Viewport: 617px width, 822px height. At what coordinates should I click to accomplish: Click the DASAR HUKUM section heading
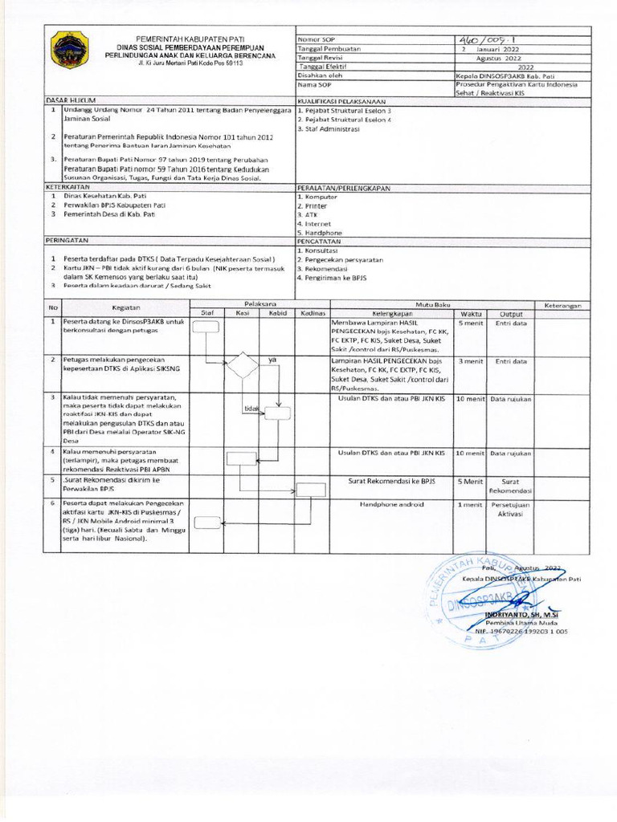[66, 101]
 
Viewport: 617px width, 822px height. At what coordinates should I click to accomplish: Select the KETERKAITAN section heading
[67, 185]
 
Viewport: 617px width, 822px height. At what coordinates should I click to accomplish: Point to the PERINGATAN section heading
[66, 239]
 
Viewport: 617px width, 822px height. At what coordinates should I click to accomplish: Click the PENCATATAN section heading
[319, 240]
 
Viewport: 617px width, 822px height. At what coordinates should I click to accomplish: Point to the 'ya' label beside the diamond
[272, 360]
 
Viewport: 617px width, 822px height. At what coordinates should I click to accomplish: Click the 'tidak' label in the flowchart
[252, 409]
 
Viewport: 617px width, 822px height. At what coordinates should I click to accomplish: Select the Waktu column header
[472, 313]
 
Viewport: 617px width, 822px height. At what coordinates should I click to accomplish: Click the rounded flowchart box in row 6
[206, 523]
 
